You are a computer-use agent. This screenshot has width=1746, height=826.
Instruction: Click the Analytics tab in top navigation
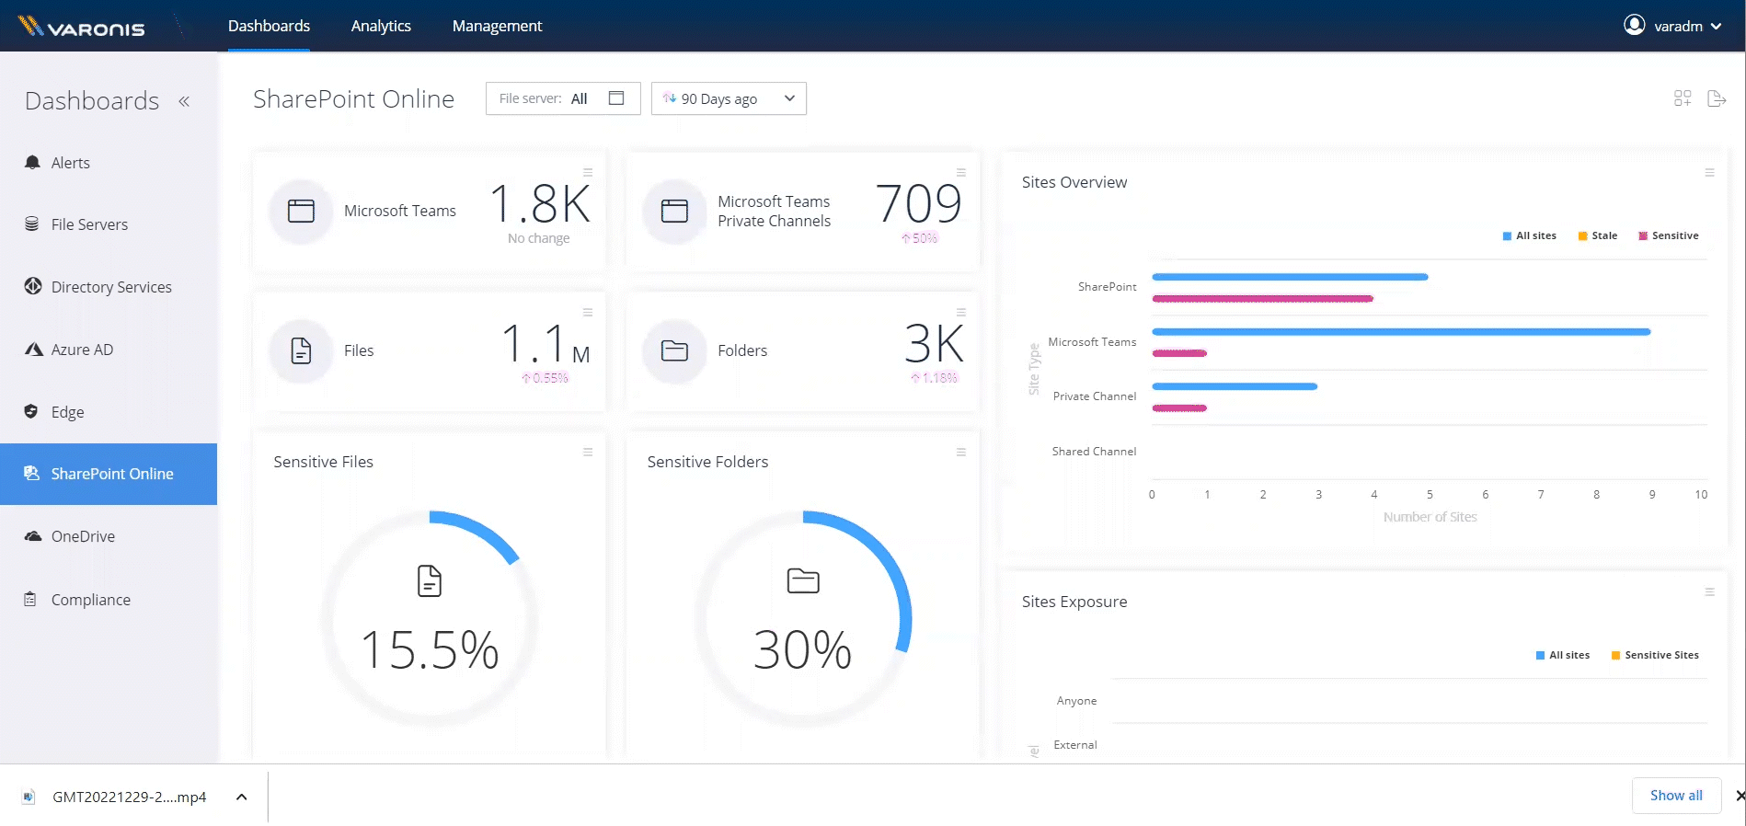[x=381, y=26]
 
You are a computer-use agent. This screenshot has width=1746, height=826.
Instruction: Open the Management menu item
[x=497, y=26]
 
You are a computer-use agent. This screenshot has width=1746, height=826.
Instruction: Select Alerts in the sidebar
[x=70, y=163]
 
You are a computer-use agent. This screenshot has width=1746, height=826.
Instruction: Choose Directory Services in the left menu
[x=111, y=287]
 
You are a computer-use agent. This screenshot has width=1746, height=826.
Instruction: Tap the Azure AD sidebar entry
[x=82, y=350]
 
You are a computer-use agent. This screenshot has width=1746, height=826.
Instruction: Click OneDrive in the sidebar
[x=83, y=536]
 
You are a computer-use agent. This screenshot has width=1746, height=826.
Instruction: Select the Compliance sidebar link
[x=90, y=600]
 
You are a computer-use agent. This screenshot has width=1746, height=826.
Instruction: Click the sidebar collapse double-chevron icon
[x=184, y=101]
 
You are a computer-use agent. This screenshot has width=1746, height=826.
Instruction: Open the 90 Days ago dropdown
[x=729, y=98]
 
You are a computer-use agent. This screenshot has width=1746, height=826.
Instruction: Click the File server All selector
[x=562, y=98]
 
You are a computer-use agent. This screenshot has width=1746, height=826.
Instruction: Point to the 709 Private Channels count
[x=918, y=203]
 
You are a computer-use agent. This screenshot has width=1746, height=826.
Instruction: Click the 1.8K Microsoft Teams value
[x=539, y=203]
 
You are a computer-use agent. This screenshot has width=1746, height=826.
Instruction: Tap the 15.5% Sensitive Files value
[x=430, y=649]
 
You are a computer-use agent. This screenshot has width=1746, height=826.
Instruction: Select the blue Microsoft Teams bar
[x=1400, y=331]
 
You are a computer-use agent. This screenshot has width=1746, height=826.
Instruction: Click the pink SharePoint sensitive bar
[x=1262, y=298]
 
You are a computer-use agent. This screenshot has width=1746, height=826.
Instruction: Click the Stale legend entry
[x=1598, y=235]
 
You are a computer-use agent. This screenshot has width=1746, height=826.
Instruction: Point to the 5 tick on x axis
[x=1430, y=495]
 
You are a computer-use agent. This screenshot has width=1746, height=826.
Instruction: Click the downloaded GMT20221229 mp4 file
[x=129, y=797]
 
